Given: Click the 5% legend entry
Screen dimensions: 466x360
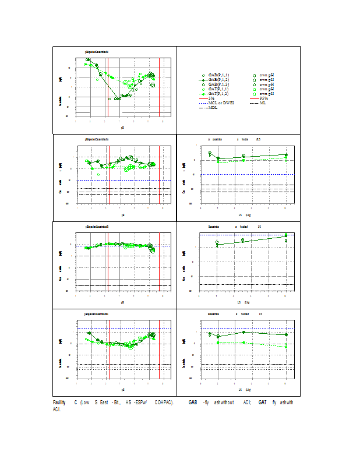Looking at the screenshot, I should pos(211,98).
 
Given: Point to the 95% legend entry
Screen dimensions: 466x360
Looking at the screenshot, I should pos(263,98).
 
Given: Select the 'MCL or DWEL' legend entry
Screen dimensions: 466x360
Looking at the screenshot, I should pos(221,103).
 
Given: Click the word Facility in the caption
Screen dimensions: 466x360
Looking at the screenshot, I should pos(59,403).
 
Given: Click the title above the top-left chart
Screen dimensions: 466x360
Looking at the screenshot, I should pos(97,52).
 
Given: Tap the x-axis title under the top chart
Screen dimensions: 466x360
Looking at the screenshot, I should pos(122,126).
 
